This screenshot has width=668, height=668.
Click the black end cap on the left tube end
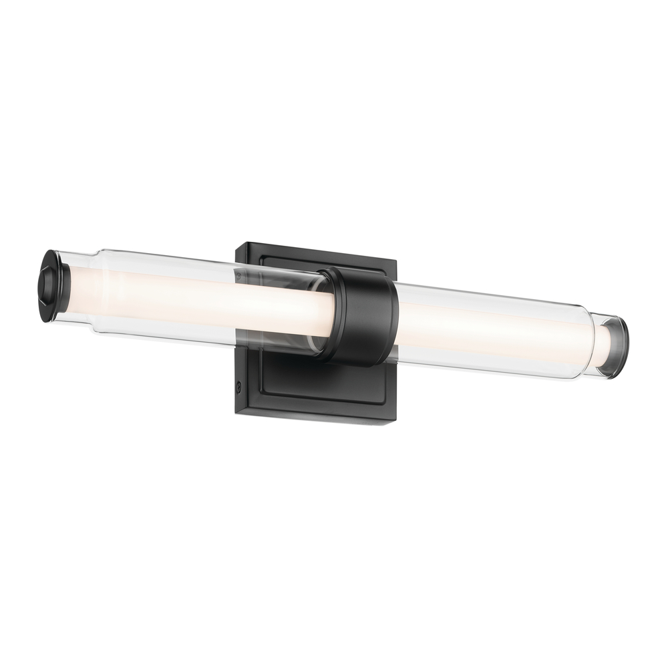(51, 285)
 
